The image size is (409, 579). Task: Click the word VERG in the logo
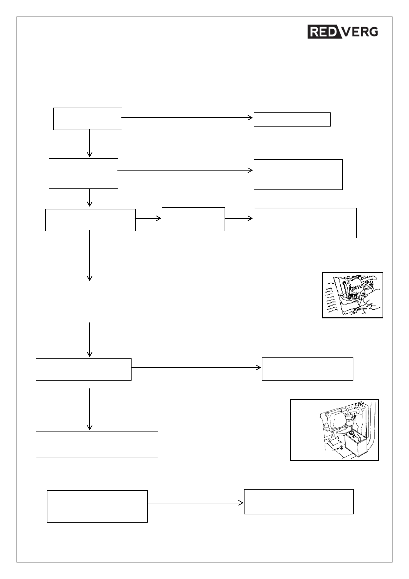[360, 32]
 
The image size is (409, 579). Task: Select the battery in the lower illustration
[356, 445]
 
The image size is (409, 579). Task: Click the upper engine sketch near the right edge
[352, 295]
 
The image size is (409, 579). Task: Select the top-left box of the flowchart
[88, 119]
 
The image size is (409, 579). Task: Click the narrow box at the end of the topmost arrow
[292, 119]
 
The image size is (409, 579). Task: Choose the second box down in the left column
[83, 173]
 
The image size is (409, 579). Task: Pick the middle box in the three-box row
[193, 219]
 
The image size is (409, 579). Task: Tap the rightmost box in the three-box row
[305, 223]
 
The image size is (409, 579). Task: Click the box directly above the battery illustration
[307, 369]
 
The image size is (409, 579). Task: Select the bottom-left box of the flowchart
[97, 506]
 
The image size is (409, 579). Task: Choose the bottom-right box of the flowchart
[298, 502]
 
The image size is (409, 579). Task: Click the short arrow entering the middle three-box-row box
[148, 218]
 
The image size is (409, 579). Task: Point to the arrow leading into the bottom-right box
[195, 503]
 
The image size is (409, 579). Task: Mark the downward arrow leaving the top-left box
[90, 143]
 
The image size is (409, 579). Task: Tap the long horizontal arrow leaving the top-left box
[187, 118]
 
